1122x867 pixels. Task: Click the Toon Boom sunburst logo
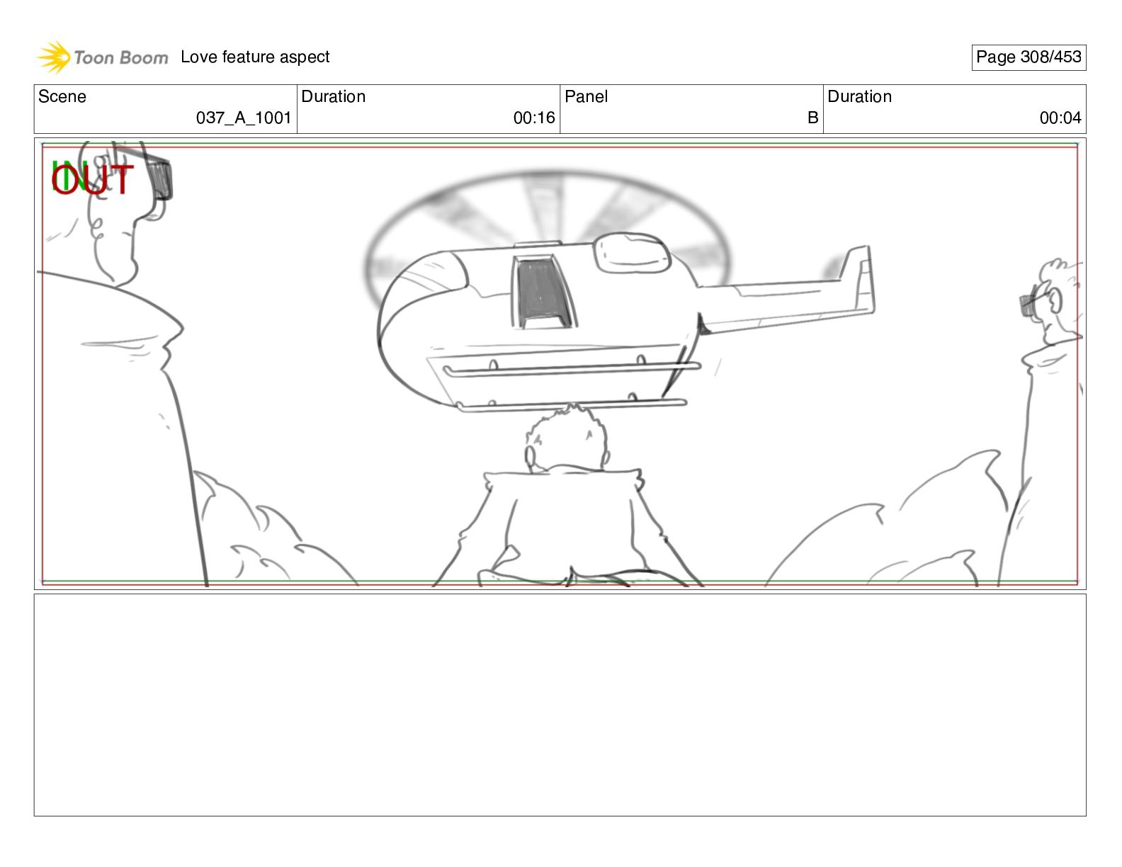(53, 57)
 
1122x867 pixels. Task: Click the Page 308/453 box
(1028, 57)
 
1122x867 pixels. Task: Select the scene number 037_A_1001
(244, 118)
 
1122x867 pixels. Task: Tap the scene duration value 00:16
(534, 118)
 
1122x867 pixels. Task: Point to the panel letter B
(812, 118)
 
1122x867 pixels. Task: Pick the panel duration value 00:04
(1060, 118)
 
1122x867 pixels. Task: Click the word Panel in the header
(586, 96)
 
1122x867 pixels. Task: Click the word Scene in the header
(62, 96)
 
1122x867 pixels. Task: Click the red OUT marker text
(92, 179)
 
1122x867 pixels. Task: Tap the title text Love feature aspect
(255, 57)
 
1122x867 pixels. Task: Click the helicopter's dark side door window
(543, 293)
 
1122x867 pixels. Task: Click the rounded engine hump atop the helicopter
(632, 252)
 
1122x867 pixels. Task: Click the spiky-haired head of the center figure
(567, 439)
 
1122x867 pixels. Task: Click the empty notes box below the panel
(560, 705)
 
